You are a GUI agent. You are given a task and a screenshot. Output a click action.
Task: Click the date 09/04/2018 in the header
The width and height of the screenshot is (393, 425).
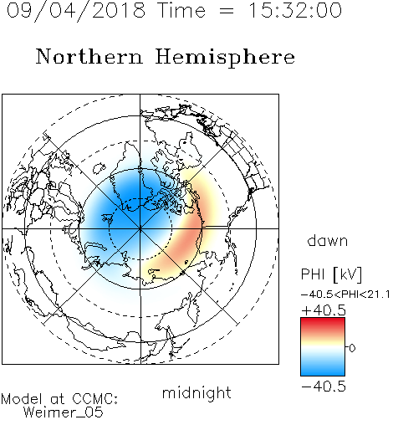[76, 11]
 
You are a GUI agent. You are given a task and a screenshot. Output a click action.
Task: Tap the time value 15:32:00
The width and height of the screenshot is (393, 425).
[295, 10]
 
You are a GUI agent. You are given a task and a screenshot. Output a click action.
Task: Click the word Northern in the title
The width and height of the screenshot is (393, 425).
[89, 56]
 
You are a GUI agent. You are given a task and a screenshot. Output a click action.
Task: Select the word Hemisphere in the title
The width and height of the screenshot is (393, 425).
[225, 58]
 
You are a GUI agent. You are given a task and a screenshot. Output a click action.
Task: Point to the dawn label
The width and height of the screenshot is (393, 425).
[328, 241]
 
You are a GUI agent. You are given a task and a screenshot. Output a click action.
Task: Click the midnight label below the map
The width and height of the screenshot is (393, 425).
[196, 393]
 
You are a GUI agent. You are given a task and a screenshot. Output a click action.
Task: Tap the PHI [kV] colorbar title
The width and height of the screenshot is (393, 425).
[331, 274]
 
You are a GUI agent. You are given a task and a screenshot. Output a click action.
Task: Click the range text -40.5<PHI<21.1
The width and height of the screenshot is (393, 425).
[345, 294]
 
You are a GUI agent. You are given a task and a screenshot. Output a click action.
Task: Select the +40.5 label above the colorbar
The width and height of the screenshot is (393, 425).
[324, 310]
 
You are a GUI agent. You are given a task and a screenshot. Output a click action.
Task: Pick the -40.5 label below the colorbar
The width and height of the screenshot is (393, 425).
[324, 387]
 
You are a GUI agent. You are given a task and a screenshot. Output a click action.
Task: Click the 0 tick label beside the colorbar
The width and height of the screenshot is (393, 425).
[352, 348]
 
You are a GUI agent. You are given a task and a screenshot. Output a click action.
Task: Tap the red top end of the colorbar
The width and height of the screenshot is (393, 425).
[323, 320]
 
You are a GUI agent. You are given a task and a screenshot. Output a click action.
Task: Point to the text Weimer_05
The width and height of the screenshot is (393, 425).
[64, 412]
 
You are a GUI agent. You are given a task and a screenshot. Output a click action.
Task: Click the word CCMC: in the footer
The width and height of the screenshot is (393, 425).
[95, 399]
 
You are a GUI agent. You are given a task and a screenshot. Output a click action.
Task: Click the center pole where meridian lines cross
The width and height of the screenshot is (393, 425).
[140, 228]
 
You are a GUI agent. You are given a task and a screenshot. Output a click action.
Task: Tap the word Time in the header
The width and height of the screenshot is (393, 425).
[181, 10]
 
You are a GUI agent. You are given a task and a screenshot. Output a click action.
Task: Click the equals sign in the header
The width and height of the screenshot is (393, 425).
[227, 12]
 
